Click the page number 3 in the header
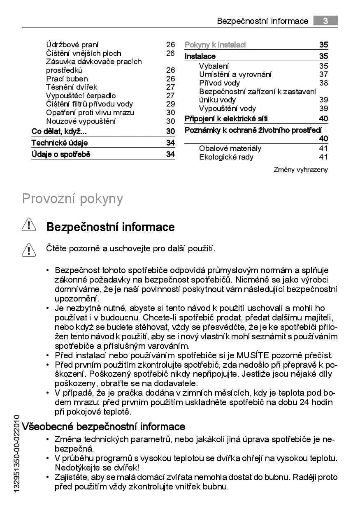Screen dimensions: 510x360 (x=325, y=21)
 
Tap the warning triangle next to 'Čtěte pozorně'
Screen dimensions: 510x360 (x=28, y=249)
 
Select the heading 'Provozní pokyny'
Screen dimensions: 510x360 (x=72, y=198)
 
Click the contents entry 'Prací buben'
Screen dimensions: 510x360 (x=67, y=79)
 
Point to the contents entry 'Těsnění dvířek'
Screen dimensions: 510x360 (x=72, y=87)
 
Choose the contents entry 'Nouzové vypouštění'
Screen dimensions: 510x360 (x=81, y=121)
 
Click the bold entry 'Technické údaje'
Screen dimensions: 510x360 (x=60, y=143)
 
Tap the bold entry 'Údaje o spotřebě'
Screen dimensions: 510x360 (x=61, y=155)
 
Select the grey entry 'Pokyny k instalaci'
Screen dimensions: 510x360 (x=215, y=45)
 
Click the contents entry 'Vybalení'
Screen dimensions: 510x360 (x=214, y=66)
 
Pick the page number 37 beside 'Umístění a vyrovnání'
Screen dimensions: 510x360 (x=323, y=74)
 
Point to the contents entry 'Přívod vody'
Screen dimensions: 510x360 (x=219, y=83)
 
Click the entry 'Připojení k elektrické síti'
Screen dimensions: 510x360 (x=226, y=119)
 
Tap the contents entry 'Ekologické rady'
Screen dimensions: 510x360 (x=226, y=157)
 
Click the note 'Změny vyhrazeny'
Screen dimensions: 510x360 (x=301, y=169)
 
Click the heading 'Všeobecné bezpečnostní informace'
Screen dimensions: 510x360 (x=103, y=427)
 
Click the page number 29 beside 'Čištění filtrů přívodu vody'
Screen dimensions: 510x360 (x=170, y=104)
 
